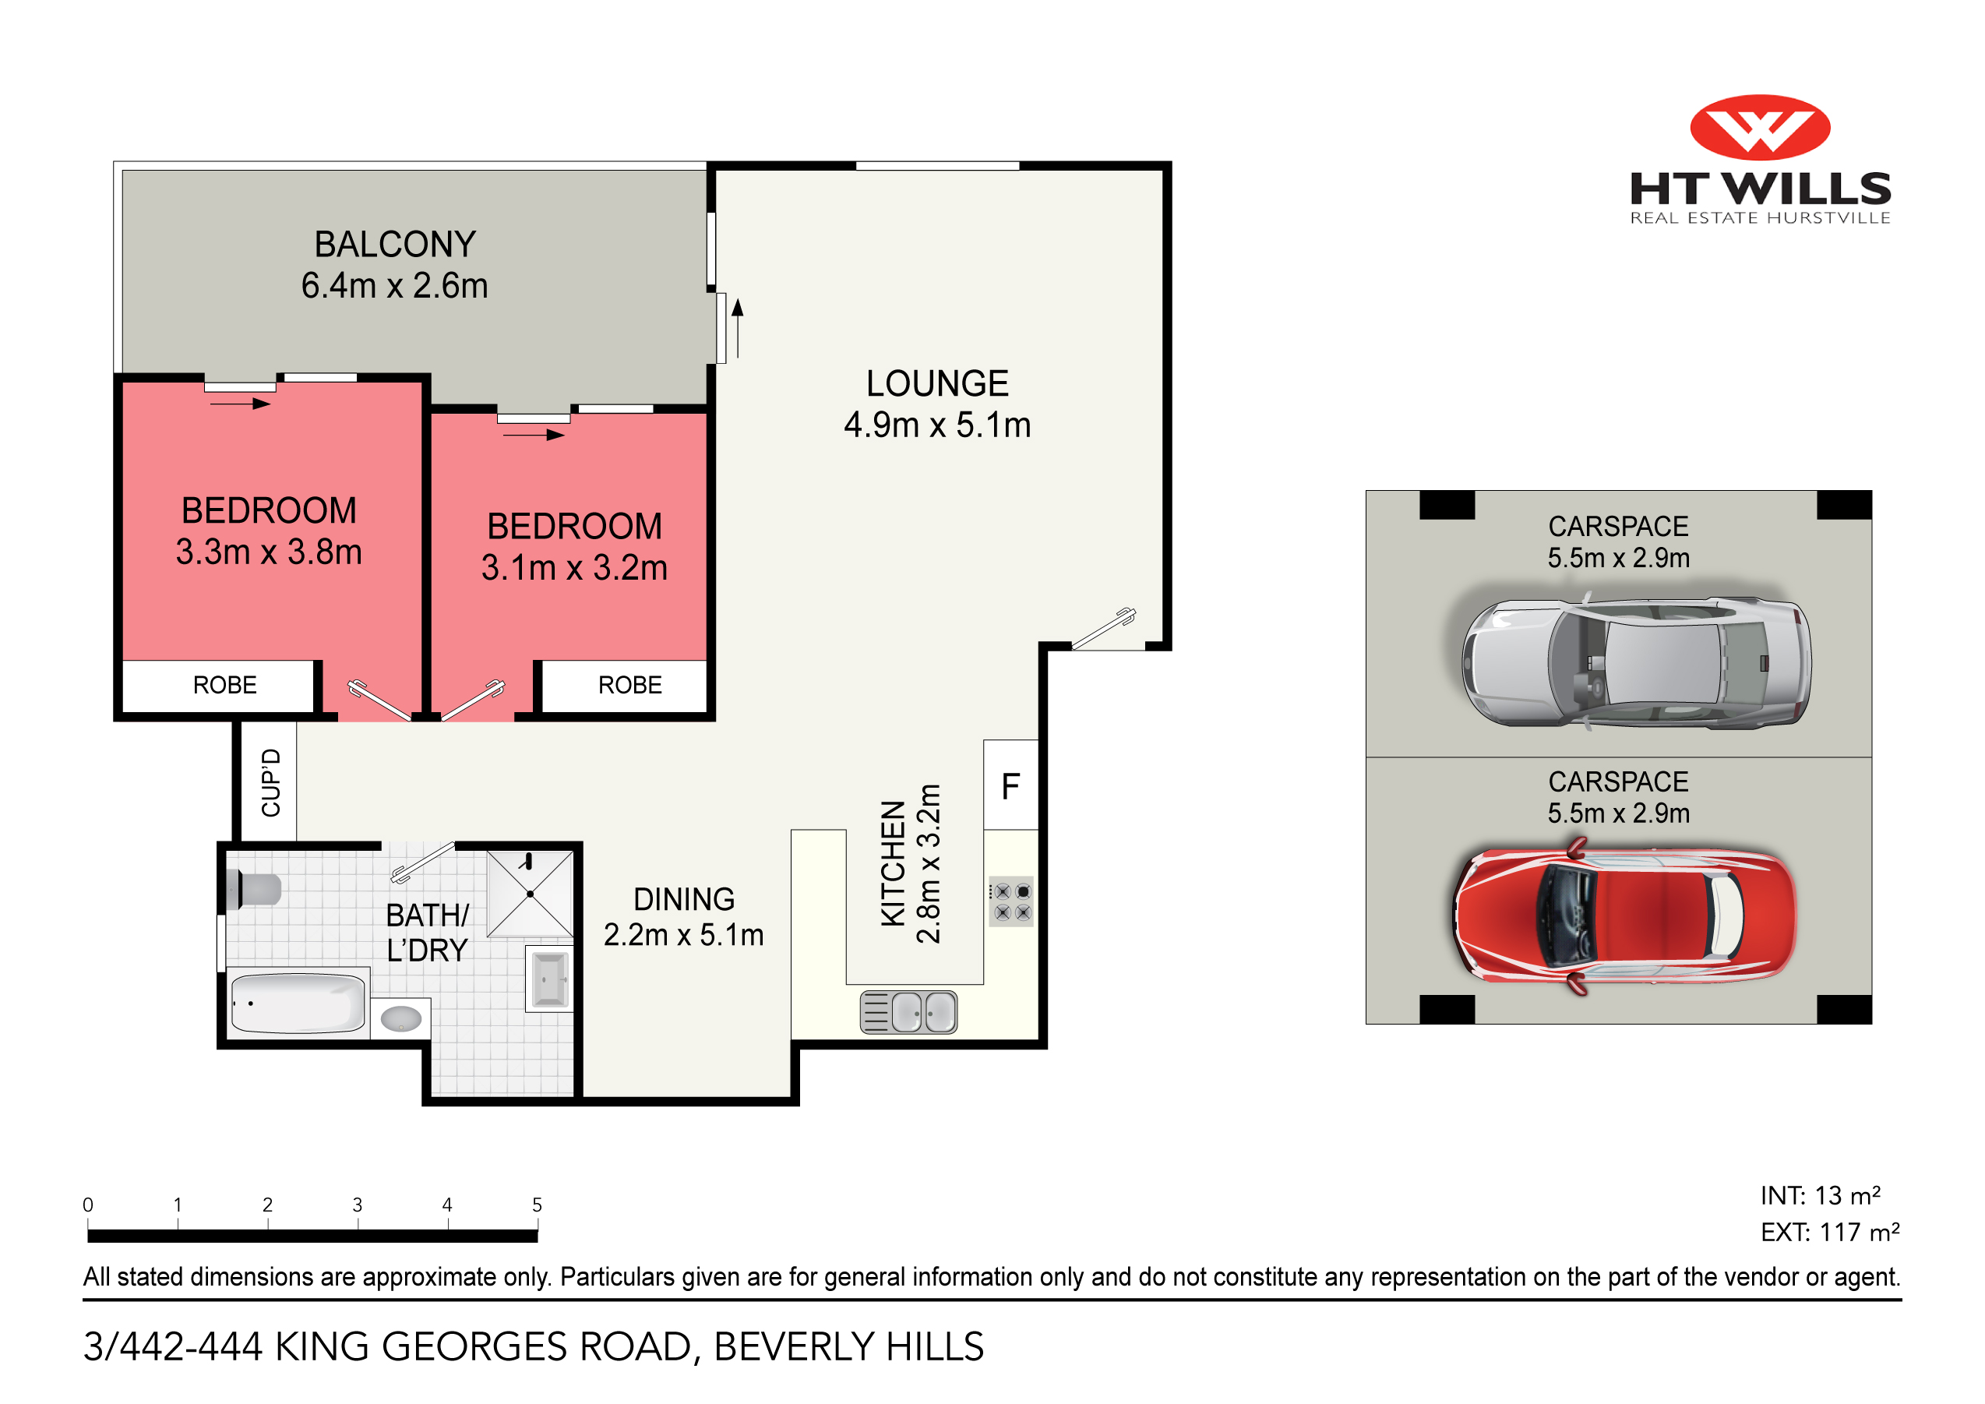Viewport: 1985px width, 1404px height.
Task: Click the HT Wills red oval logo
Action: [1759, 127]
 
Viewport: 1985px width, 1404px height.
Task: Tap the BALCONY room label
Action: [395, 245]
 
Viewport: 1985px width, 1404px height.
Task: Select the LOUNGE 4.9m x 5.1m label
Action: [937, 404]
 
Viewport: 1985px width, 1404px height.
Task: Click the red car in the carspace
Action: [1624, 915]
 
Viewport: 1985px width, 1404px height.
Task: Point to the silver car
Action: [1636, 662]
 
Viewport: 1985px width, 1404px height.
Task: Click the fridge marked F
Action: [1010, 786]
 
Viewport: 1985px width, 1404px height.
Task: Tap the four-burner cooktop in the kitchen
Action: [1011, 901]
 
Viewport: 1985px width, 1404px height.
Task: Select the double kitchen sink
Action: [908, 1011]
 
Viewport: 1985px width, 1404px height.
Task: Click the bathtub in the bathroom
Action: [298, 1003]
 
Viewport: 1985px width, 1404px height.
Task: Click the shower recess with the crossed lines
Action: [530, 894]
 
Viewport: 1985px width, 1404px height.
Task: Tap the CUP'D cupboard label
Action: [270, 782]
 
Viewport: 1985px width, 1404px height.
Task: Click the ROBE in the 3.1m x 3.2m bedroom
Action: [629, 686]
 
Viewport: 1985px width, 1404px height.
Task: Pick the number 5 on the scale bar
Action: [537, 1205]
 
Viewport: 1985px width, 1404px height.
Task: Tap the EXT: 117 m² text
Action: [1829, 1232]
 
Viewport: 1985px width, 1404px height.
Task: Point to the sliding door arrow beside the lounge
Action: [738, 329]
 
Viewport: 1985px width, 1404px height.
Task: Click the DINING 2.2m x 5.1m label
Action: [683, 916]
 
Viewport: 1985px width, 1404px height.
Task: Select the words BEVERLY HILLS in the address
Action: [848, 1346]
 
